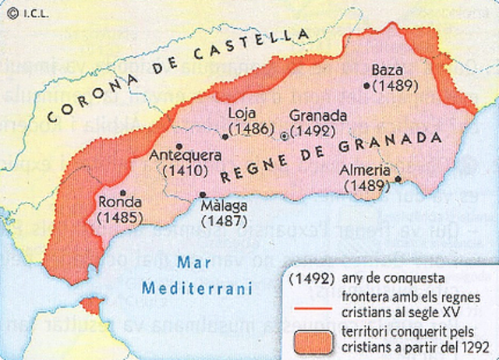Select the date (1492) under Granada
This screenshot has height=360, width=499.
(x=312, y=131)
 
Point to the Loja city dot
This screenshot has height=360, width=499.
(x=225, y=136)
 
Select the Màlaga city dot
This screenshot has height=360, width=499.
(x=203, y=195)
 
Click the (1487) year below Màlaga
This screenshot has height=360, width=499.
(x=223, y=221)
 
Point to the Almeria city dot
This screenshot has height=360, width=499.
(x=398, y=178)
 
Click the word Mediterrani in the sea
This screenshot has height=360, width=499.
(x=198, y=289)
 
